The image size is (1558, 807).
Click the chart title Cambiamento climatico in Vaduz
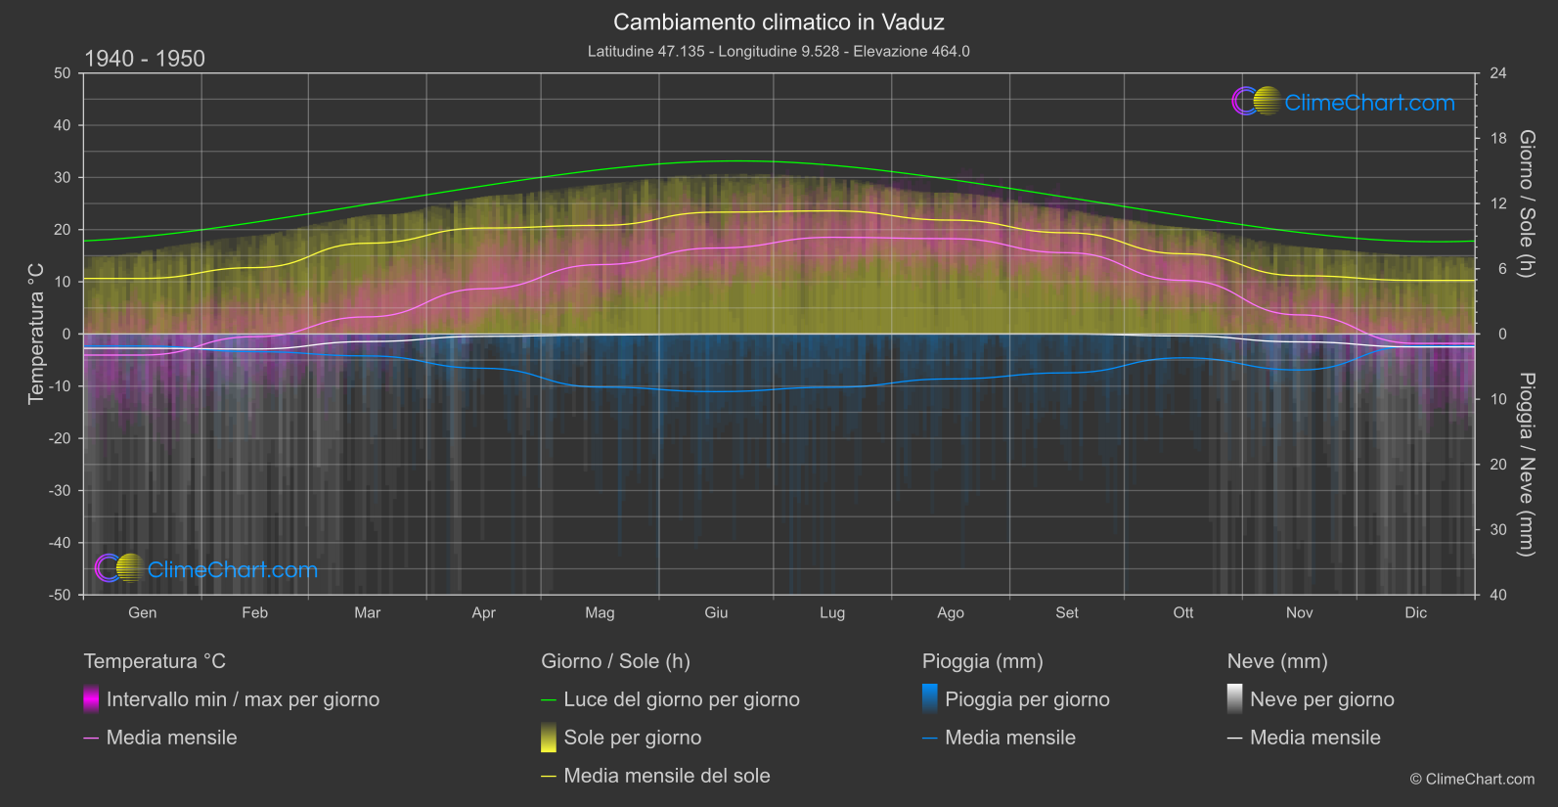[x=779, y=22]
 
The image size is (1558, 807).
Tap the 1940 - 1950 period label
[x=145, y=59]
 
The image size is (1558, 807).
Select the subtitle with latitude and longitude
[x=779, y=51]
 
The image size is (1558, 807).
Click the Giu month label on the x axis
[x=716, y=612]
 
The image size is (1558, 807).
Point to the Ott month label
[x=1183, y=612]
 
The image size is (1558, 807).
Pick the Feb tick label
[x=254, y=612]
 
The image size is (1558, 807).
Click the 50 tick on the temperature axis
[x=63, y=73]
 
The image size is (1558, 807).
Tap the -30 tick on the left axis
[x=61, y=490]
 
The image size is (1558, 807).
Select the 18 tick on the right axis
[x=1498, y=138]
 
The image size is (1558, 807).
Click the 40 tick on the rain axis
[x=1498, y=595]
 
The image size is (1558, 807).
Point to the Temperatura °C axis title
[x=36, y=333]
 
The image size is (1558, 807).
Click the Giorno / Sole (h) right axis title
[x=1526, y=203]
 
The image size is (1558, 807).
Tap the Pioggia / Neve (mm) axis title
[x=1526, y=464]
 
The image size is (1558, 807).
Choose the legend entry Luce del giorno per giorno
[x=681, y=699]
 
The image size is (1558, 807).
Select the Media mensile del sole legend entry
[x=666, y=776]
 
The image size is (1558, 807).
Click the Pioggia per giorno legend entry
[x=1026, y=699]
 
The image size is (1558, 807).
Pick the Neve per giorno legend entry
[x=1321, y=699]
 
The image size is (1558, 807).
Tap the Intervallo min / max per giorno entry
[x=242, y=699]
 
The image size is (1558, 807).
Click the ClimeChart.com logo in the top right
[x=1343, y=102]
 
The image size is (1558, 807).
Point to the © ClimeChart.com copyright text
[x=1472, y=779]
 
